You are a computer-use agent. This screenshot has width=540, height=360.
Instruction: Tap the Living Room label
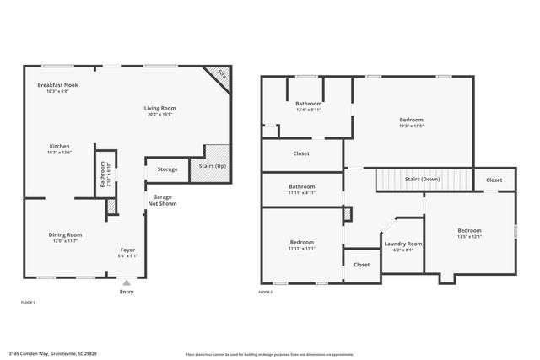coord(159,108)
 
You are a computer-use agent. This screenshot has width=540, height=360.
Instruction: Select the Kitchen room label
coord(59,146)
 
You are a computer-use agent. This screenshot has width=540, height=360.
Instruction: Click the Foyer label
coord(127,250)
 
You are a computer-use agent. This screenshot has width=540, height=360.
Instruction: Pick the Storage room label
coord(167,169)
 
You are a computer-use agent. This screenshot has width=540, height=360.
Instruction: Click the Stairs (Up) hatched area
coord(216,159)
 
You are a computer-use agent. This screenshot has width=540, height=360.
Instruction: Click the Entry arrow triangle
coord(127,282)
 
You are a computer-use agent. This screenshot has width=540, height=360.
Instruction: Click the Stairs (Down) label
coord(422,180)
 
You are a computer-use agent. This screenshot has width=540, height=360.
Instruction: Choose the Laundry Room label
coord(403,244)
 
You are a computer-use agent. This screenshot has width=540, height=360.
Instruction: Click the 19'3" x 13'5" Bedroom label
coord(411,120)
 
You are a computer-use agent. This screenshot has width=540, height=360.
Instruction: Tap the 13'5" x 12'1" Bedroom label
coord(469,230)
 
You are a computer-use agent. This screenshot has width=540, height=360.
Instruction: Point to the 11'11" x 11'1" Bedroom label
coord(301,242)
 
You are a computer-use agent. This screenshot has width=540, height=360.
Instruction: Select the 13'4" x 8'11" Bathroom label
coord(308,104)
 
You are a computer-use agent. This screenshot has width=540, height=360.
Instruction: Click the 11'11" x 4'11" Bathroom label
coord(301,186)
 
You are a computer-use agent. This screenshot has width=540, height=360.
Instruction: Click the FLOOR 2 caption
coord(265,292)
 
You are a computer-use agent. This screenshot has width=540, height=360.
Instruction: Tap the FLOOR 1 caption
coord(27,301)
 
